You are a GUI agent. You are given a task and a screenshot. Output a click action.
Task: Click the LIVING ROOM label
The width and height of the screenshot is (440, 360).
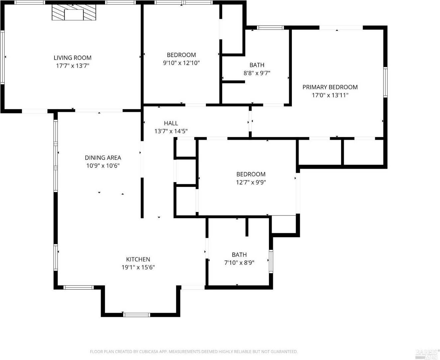[72, 58]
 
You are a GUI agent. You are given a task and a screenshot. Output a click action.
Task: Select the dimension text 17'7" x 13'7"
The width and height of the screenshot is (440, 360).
[72, 66]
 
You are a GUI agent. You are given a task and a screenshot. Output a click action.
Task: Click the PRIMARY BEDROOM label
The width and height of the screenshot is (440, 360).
[330, 87]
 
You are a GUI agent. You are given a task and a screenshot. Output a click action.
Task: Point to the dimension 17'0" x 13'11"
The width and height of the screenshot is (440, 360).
[330, 95]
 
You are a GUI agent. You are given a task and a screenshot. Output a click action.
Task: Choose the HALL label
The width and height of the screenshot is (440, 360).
[171, 123]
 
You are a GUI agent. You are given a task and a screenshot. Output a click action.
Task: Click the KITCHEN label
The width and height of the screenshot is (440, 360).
[138, 259]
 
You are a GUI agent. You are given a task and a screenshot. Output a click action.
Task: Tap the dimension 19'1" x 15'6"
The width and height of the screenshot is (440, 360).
[138, 267]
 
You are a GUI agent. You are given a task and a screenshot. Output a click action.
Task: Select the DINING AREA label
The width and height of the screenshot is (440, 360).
[103, 158]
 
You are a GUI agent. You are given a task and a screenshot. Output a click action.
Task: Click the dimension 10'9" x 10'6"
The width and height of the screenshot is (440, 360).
[103, 166]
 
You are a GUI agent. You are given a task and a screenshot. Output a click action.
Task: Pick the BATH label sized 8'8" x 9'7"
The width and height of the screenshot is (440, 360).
[257, 65]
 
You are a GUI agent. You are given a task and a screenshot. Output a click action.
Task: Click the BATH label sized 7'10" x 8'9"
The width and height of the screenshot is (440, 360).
[239, 255]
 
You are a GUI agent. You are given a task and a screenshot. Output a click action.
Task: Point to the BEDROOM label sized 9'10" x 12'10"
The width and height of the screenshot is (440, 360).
[181, 55]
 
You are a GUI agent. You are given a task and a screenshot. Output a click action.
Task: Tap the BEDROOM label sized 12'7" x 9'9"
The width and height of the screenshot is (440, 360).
[251, 174]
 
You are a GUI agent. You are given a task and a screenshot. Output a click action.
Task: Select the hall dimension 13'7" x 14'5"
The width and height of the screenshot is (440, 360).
[171, 131]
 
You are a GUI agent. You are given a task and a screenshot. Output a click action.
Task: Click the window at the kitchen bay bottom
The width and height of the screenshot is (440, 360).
[136, 315]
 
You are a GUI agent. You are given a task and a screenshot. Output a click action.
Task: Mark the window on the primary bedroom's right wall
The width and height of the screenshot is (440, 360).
[385, 82]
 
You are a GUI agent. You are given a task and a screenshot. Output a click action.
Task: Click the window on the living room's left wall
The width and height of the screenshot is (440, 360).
[2, 57]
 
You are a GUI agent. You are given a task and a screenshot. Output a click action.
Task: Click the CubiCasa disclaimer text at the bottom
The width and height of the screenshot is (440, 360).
[194, 352]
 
